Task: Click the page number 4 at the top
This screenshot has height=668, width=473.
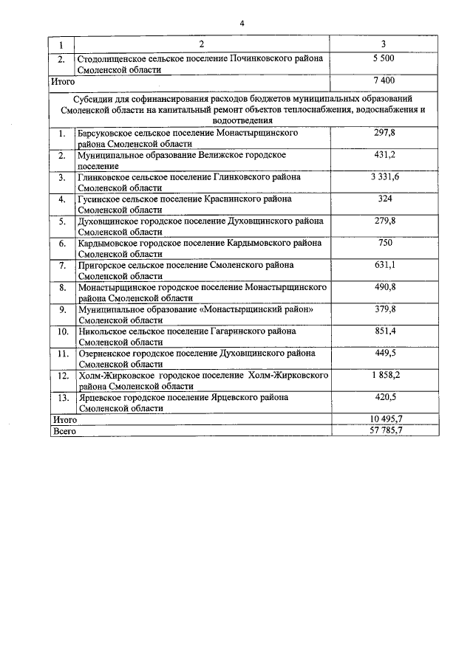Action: [x=242, y=23]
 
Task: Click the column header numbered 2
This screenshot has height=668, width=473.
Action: [x=201, y=44]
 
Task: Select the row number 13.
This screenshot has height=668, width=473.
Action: [x=63, y=398]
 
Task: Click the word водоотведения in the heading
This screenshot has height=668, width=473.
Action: [x=242, y=120]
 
